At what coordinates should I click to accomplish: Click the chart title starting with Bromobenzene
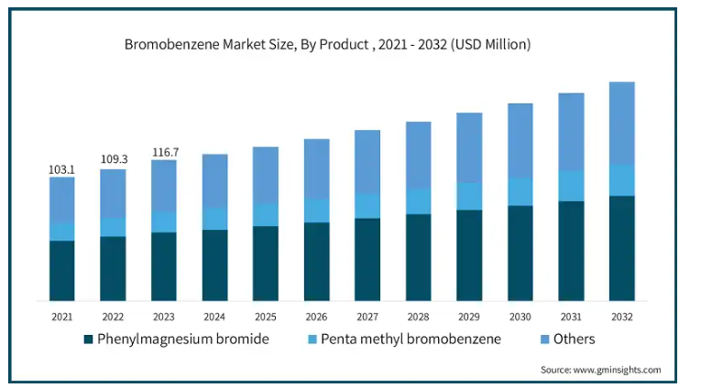point(326,44)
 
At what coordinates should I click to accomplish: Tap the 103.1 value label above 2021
point(61,169)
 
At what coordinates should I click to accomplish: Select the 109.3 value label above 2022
point(113,159)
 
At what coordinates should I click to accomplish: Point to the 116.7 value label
point(164,152)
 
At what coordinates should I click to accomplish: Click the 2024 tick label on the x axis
point(214,317)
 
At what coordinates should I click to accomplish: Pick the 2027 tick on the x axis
point(367,317)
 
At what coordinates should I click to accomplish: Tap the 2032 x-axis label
point(621,317)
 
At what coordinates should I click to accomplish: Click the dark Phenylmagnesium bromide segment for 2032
point(621,247)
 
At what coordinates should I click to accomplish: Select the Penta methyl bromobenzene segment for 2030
point(520,191)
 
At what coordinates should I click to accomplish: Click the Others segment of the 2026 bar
point(317,168)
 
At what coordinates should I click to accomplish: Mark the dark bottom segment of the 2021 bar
point(62,270)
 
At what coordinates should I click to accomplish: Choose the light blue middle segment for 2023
point(164,221)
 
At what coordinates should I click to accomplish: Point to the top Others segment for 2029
point(469,147)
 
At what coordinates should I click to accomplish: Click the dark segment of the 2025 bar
point(266,263)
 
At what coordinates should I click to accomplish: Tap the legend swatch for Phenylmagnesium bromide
point(89,339)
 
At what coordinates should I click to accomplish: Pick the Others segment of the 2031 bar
point(571,132)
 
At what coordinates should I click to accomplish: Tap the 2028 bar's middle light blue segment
point(419,200)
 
